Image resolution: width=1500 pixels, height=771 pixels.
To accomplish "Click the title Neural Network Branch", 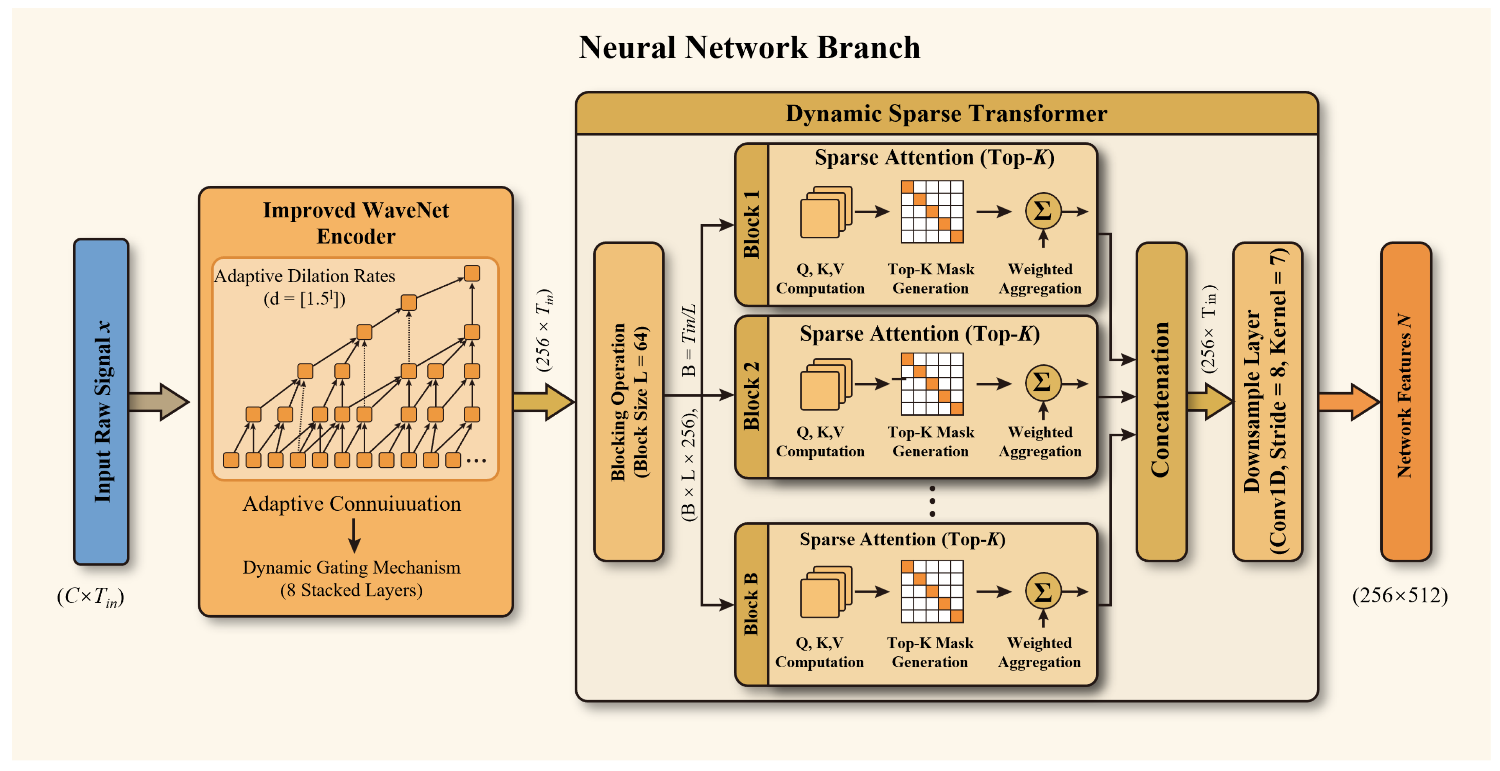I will [749, 47].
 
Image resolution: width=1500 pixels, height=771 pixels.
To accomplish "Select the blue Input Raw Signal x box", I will [101, 402].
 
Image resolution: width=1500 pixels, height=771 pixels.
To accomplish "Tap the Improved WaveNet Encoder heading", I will [356, 223].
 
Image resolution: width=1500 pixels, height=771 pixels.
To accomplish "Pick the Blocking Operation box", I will [629, 402].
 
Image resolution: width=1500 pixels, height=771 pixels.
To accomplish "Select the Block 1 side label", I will [752, 225].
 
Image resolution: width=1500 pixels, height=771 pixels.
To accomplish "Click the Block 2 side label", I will [752, 397].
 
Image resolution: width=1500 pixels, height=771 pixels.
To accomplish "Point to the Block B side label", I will [752, 604].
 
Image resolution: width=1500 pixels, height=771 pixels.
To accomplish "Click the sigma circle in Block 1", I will [1042, 211].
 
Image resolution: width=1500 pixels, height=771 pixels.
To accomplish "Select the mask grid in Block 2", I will [932, 384].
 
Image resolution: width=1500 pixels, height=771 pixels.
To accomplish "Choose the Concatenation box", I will [1161, 402].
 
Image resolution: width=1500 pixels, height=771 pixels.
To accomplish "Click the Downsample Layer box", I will [1267, 402].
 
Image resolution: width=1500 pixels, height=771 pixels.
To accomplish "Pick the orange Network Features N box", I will [1406, 402].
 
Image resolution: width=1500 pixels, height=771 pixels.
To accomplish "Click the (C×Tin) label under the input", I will [91, 597].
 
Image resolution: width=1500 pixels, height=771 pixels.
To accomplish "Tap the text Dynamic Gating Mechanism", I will [351, 567].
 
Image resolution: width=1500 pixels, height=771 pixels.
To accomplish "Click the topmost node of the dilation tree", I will [472, 273].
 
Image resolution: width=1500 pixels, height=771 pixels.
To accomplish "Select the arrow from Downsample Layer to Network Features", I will [1348, 402].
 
